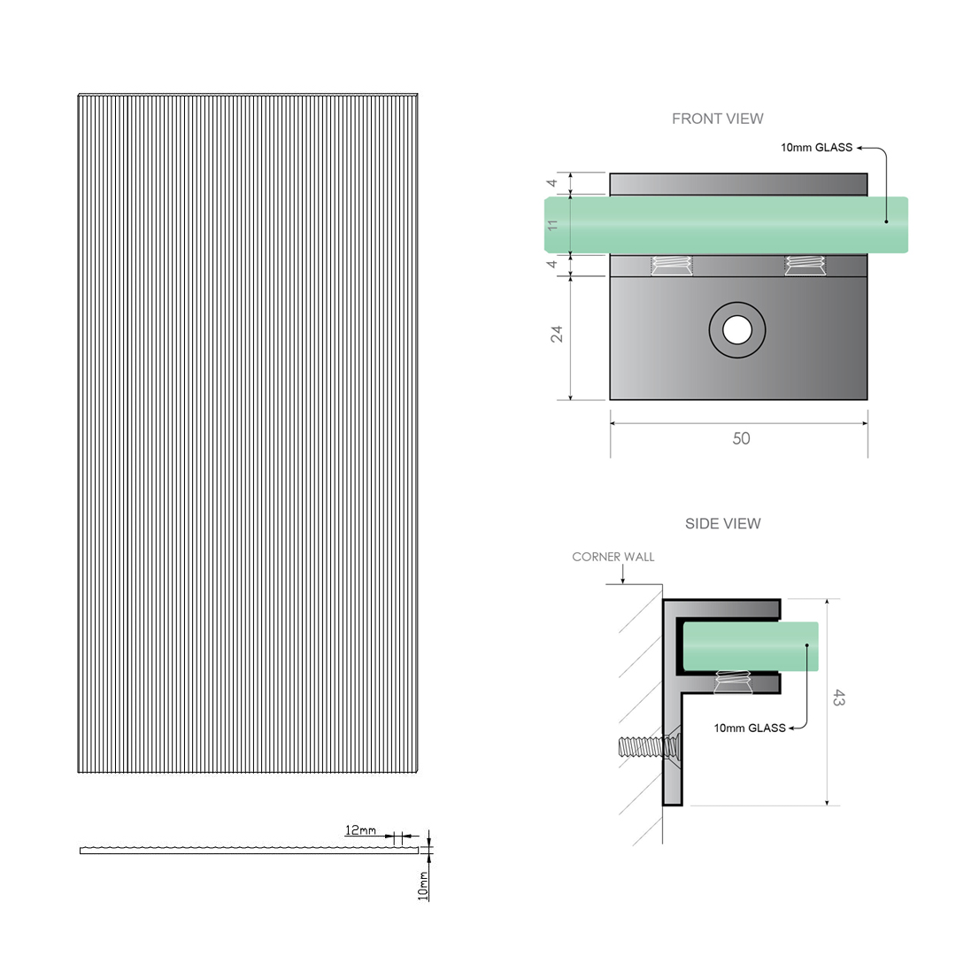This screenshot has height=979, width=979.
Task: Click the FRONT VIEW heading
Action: click(717, 119)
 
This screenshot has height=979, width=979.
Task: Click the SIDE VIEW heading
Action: click(722, 523)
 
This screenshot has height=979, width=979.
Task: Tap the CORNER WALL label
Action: click(613, 557)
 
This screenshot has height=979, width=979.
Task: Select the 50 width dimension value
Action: click(741, 438)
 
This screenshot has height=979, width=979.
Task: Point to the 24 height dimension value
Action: click(557, 335)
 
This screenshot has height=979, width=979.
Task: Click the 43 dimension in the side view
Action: click(838, 698)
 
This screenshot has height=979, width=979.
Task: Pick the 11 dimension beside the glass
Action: click(554, 225)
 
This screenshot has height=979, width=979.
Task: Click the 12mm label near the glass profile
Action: click(360, 830)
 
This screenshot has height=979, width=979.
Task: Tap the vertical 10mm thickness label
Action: click(423, 885)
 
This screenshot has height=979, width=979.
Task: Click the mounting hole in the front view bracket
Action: click(736, 330)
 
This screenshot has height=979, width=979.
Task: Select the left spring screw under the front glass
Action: click(672, 265)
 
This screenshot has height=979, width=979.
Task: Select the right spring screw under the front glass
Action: click(806, 265)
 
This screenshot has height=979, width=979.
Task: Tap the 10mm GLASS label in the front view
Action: click(816, 148)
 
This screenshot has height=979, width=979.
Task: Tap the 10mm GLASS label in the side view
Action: click(750, 728)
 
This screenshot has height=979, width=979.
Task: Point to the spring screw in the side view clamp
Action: click(731, 682)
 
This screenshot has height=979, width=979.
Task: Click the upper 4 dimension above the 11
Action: click(552, 184)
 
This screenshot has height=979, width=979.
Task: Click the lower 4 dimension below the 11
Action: click(552, 264)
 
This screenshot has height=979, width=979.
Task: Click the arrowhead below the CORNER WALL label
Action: click(623, 581)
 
